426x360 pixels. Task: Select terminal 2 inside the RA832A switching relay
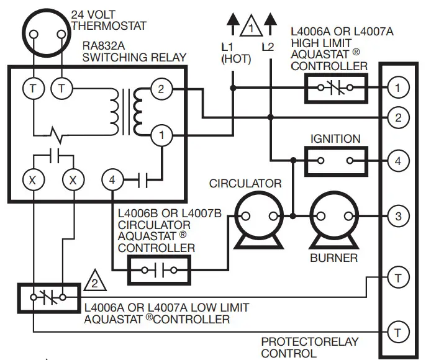coord(161,89)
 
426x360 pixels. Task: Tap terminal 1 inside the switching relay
coord(161,134)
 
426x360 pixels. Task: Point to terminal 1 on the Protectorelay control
coord(396,88)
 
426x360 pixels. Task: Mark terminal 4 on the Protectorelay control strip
coord(396,161)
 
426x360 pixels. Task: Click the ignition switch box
coord(336,161)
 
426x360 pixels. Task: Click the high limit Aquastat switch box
coord(336,88)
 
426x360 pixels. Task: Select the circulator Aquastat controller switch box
coord(160,271)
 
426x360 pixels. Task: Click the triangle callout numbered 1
coord(251,28)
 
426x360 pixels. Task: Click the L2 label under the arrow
coord(268,47)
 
